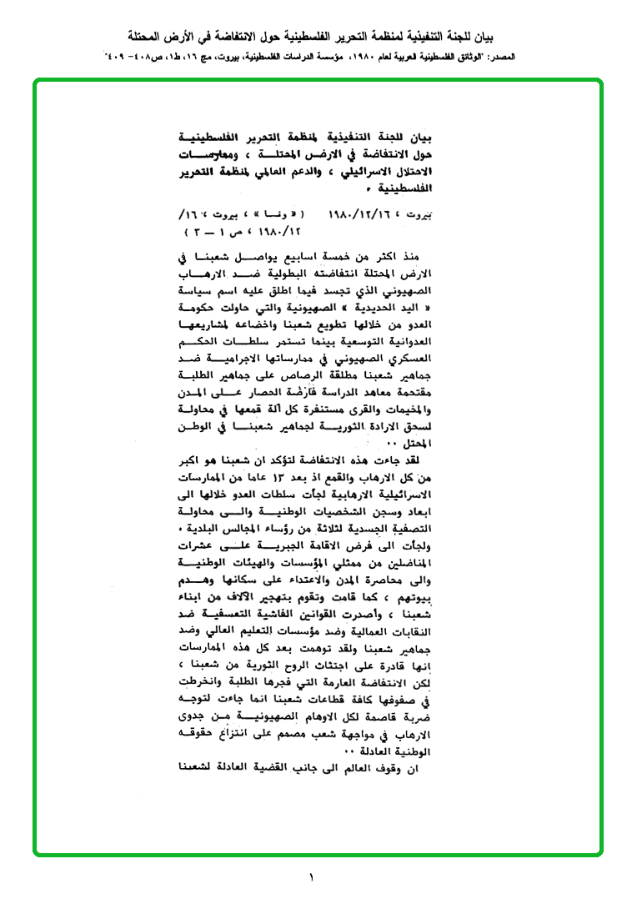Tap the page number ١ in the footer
[x=314, y=876]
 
